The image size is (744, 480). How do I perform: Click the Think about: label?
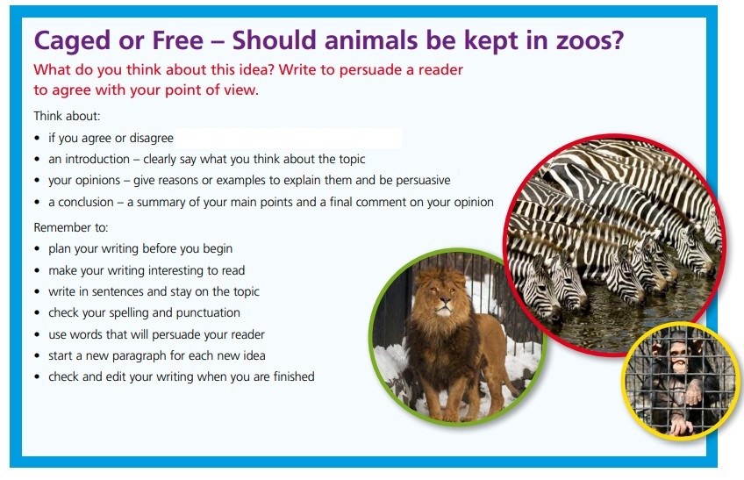click(67, 116)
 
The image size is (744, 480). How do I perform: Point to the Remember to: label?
click(71, 227)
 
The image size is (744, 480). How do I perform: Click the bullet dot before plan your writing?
click(37, 249)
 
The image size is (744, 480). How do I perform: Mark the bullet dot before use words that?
click(37, 334)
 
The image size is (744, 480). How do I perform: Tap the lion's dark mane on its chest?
click(439, 342)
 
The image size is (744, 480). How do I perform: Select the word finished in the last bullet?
click(294, 376)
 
